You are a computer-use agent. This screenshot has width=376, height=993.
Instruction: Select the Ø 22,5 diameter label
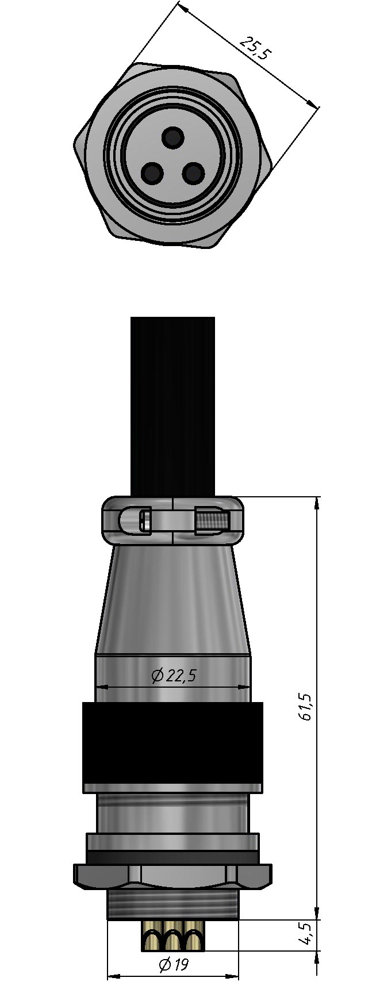click(174, 676)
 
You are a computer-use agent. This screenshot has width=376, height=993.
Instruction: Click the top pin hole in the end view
click(172, 137)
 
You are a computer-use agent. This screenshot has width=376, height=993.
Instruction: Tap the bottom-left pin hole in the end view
click(152, 172)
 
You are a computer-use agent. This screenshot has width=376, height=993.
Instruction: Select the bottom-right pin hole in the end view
click(193, 172)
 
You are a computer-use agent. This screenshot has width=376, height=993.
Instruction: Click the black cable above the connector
click(172, 406)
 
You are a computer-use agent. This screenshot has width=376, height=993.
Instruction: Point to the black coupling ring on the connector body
click(172, 747)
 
